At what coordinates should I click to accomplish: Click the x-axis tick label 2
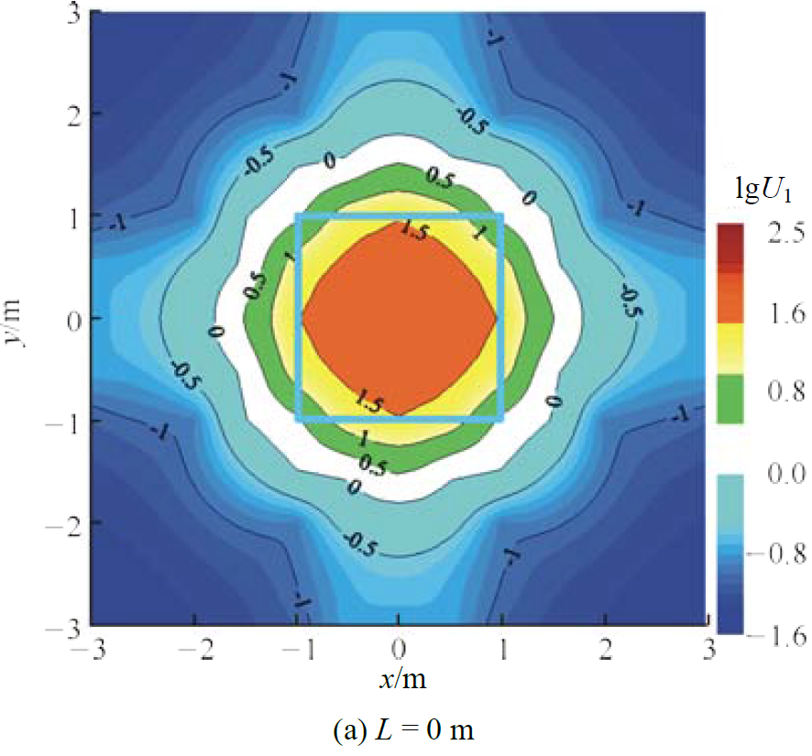pyautogui.click(x=604, y=649)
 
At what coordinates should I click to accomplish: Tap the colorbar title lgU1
pyautogui.click(x=758, y=192)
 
